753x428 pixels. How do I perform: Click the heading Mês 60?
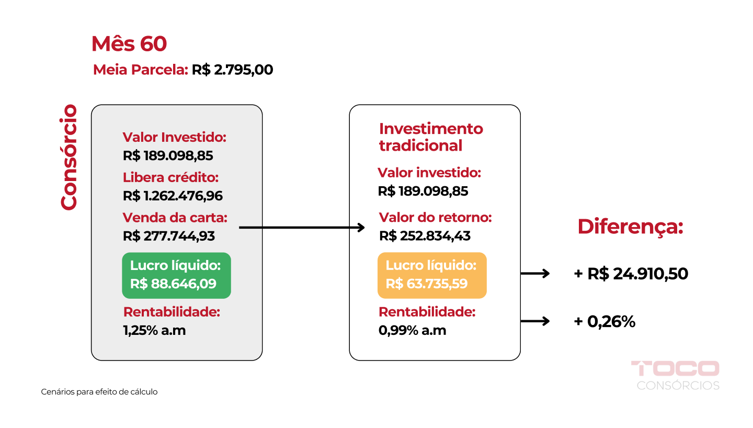point(129,44)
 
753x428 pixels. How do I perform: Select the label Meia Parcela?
point(140,70)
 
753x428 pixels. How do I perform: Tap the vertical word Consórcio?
point(69,157)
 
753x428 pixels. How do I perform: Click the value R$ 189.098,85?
point(168,156)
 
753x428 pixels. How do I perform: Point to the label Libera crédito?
point(170,177)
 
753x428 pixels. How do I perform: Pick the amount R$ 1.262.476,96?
point(173,196)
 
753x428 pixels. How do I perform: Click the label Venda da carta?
point(175,217)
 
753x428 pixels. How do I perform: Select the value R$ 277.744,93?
point(169,236)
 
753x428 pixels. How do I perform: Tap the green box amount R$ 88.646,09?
point(173,284)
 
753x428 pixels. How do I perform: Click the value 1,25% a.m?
point(154,331)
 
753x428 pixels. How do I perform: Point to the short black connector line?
point(250,228)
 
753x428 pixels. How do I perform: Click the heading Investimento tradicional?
point(430,137)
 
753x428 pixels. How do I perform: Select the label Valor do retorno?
point(435,217)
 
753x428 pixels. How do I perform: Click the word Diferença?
point(630,227)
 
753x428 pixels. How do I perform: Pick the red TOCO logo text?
point(675,368)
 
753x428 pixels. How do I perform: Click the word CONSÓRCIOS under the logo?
point(678,386)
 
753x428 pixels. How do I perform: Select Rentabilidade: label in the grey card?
point(172,312)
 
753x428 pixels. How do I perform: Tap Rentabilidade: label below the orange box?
point(427,312)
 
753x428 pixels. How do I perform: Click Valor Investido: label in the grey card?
point(174,137)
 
